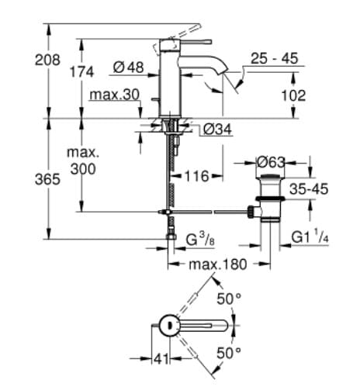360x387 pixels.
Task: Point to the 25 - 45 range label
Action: point(275,59)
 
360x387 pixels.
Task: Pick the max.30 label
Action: point(114,95)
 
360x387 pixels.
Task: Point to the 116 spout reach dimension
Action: point(195,177)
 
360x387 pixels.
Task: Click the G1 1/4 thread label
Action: point(310,237)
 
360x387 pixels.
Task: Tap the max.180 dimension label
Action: point(218,264)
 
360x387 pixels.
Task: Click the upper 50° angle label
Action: point(228,299)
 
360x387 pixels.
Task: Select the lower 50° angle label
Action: point(228,353)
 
